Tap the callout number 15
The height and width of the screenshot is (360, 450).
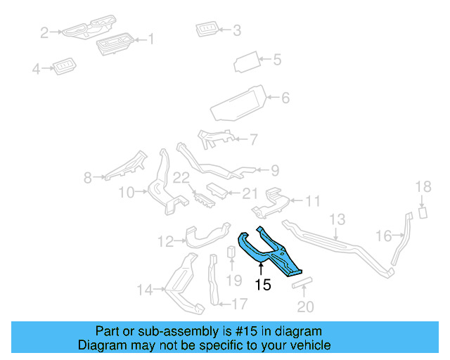click(x=262, y=285)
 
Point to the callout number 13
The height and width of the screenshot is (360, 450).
click(x=337, y=219)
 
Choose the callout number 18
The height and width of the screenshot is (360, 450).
click(x=423, y=186)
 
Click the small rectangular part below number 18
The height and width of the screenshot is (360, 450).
click(x=423, y=212)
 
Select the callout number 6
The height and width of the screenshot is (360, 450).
click(x=285, y=98)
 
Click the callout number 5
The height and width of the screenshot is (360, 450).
click(x=277, y=60)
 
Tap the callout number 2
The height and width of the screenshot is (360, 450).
click(x=44, y=32)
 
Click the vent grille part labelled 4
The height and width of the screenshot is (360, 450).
click(x=66, y=67)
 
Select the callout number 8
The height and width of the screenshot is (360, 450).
click(x=87, y=179)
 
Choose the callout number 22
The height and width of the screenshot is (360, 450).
click(x=181, y=179)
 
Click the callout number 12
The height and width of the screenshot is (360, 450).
click(x=165, y=242)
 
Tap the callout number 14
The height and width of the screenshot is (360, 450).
click(x=144, y=289)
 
